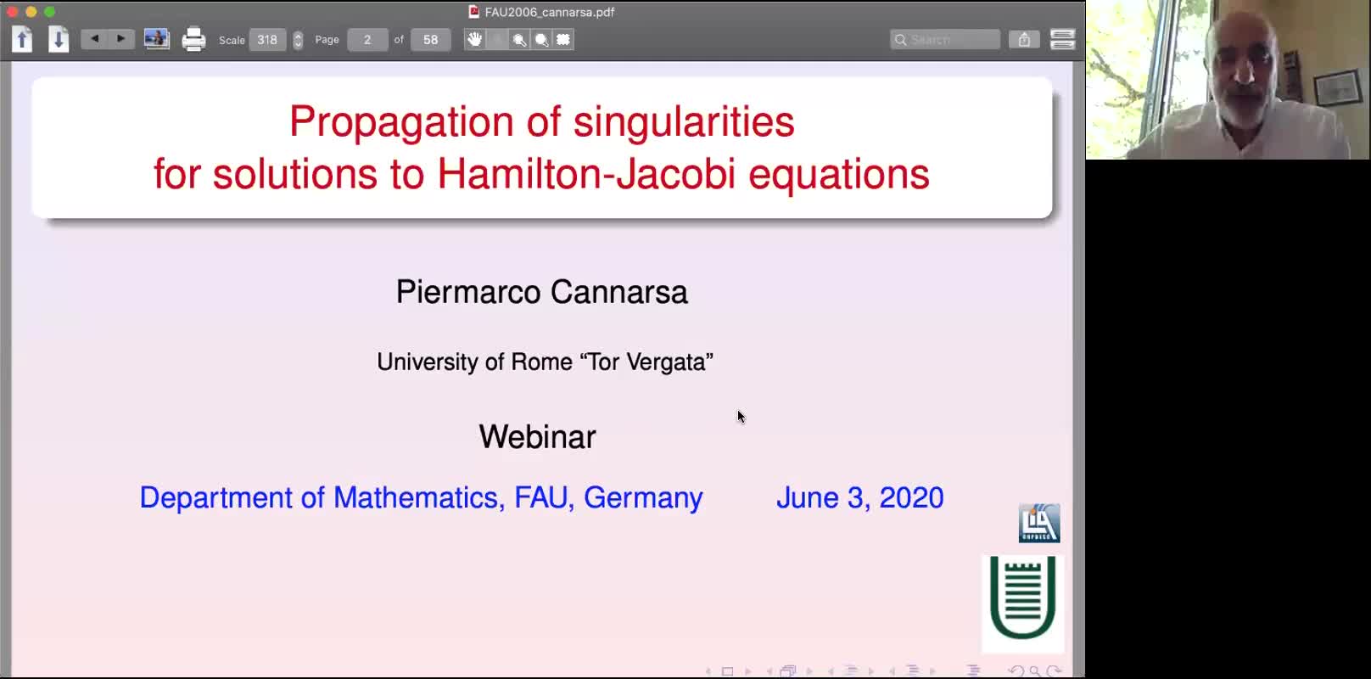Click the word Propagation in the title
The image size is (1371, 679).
(402, 123)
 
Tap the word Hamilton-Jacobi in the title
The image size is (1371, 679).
(586, 174)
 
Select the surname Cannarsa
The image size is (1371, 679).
(618, 292)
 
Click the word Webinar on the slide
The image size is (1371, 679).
(537, 436)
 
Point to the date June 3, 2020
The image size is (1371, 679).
(860, 497)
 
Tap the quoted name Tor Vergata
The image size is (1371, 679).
(646, 362)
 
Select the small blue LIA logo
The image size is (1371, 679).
(1039, 524)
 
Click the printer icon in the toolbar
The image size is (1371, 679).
(193, 40)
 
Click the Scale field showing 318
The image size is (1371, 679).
(267, 40)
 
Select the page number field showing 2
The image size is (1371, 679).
(367, 40)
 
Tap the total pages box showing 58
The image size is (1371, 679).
(430, 40)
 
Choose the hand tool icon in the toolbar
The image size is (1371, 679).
(474, 40)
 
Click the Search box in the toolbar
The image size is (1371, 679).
(945, 40)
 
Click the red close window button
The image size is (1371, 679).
(12, 12)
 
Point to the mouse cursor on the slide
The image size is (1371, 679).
(741, 417)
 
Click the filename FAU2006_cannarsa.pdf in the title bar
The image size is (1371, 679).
(549, 12)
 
